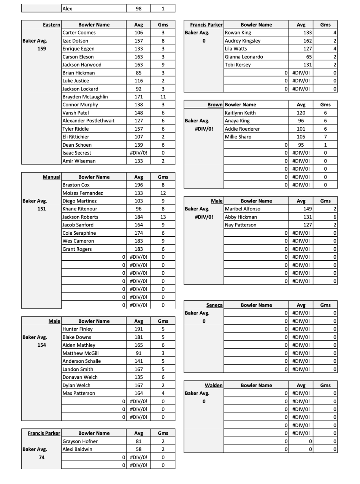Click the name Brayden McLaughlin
pyautogui.click(x=85, y=96)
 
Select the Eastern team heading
pyautogui.click(x=51, y=25)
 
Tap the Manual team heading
pyautogui.click(x=51, y=177)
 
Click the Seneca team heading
pyautogui.click(x=214, y=305)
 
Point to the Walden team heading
pyautogui.click(x=214, y=385)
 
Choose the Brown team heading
pyautogui.click(x=215, y=104)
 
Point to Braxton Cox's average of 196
pyautogui.click(x=139, y=185)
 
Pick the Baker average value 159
pyautogui.click(x=42, y=49)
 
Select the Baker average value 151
pyautogui.click(x=42, y=209)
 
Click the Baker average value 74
pyautogui.click(x=42, y=457)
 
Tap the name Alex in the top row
pyautogui.click(x=67, y=8)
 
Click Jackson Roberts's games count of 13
pyautogui.click(x=163, y=217)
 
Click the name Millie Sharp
pyautogui.click(x=238, y=137)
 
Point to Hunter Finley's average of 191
pyautogui.click(x=139, y=329)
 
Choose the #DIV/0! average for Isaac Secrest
pyautogui.click(x=139, y=153)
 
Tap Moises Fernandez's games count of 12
pyautogui.click(x=163, y=193)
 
